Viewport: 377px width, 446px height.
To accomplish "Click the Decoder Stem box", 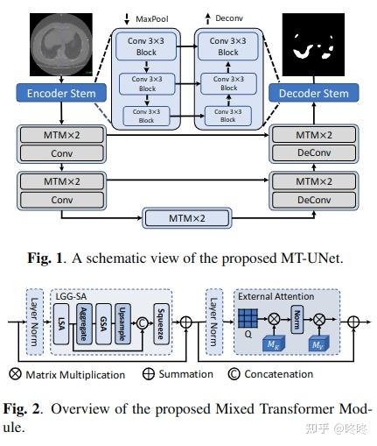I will pos(312,94).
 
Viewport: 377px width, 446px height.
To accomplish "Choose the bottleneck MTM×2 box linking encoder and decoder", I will pos(186,217).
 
